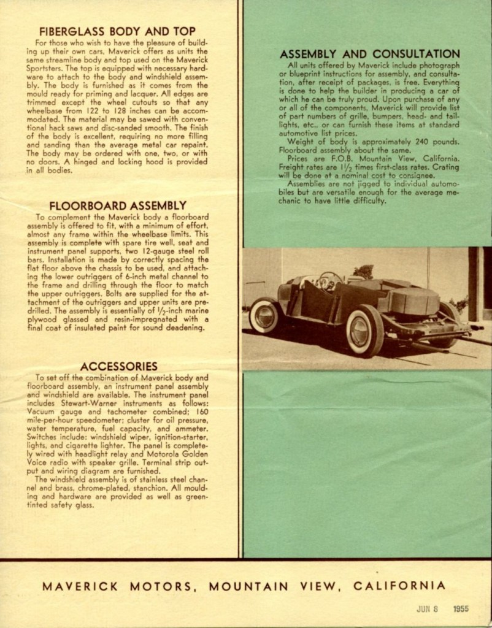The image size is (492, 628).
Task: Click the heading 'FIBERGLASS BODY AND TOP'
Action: point(117,31)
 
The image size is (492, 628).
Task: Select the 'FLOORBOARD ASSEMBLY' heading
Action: point(118,205)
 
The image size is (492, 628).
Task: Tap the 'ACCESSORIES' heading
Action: point(118,366)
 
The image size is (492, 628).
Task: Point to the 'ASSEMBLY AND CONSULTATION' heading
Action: point(369,54)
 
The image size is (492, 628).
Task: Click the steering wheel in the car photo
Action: point(329,280)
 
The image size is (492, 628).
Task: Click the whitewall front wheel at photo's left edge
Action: point(264,315)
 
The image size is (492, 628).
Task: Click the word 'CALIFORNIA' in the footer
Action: point(399,586)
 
